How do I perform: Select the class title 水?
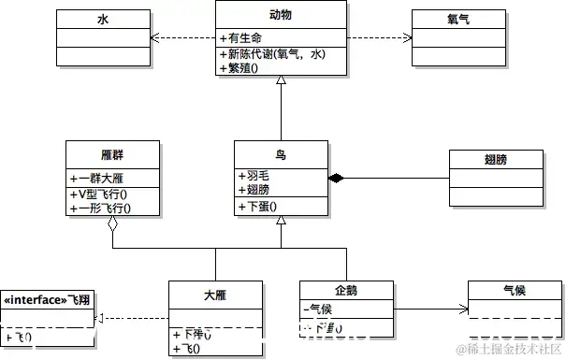coord(103,19)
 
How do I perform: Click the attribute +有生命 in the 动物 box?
coord(241,38)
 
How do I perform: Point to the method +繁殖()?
coord(241,69)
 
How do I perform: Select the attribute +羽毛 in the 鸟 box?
coord(255,175)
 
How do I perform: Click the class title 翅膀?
coord(497,160)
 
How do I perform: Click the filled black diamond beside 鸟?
coord(335,178)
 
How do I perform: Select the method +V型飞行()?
coord(99,194)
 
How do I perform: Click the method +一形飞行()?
coord(99,208)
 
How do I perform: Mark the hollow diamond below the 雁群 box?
coord(113,224)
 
